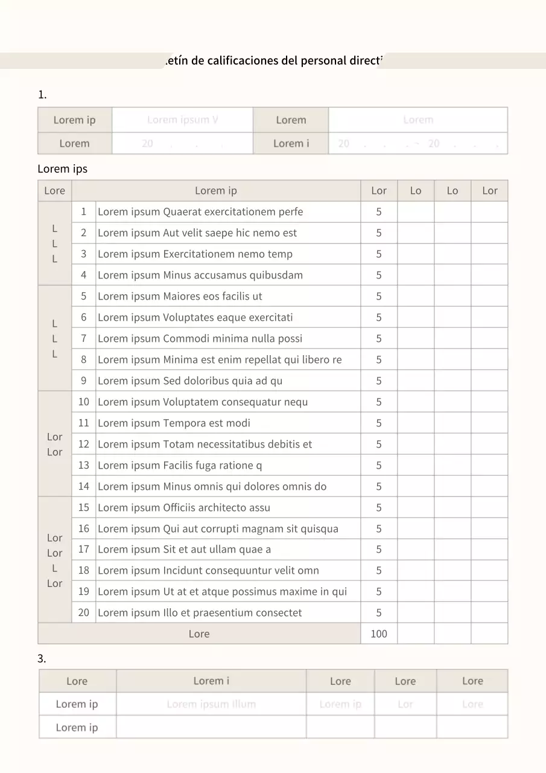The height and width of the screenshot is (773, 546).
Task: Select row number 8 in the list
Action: click(83, 359)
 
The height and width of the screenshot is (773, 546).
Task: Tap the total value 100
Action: click(379, 633)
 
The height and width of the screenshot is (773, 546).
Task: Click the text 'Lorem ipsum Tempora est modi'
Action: click(174, 423)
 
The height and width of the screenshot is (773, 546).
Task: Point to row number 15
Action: click(83, 507)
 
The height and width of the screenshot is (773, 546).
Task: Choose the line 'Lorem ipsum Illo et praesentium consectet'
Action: click(200, 612)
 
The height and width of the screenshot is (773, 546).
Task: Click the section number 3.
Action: click(42, 659)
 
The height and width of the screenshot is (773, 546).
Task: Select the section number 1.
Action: click(42, 94)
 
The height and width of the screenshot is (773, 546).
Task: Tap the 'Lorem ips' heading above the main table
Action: click(62, 168)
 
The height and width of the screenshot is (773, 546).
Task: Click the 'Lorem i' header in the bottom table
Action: click(211, 681)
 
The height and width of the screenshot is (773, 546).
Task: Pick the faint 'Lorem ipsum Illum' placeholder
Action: click(211, 704)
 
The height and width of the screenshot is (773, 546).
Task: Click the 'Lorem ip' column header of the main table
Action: click(216, 191)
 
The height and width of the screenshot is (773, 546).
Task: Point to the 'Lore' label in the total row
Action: click(199, 633)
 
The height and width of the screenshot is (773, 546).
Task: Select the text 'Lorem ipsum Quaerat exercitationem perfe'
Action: click(200, 211)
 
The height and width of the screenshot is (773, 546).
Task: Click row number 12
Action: click(83, 444)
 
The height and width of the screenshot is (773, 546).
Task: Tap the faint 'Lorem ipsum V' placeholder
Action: click(182, 120)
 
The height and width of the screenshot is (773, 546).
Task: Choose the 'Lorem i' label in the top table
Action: click(291, 143)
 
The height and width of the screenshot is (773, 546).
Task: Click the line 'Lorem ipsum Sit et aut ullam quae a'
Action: click(184, 549)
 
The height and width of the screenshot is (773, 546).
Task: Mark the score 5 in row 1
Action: click(379, 211)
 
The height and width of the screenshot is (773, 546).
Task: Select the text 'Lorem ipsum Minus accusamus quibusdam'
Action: click(200, 275)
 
